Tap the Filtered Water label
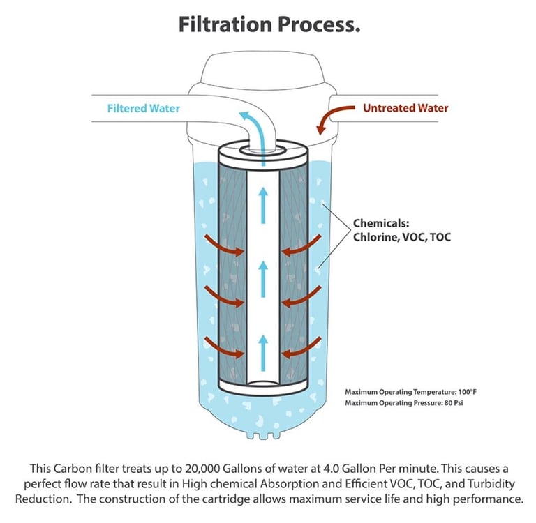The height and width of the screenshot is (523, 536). (x=143, y=109)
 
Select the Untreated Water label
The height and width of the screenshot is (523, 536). (x=405, y=108)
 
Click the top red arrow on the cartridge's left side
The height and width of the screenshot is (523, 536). (x=225, y=246)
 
